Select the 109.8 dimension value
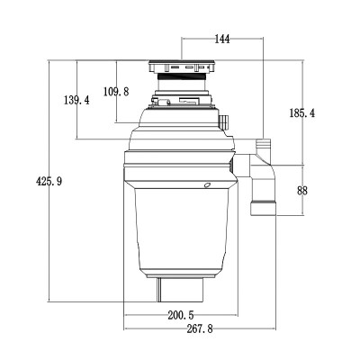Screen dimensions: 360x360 (117, 91)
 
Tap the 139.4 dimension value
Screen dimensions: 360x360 (75, 101)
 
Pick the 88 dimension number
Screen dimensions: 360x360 (301, 191)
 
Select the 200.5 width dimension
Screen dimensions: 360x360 (180, 315)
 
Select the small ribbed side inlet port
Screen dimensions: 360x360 (224, 120)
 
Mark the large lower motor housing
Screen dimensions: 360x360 (180, 225)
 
